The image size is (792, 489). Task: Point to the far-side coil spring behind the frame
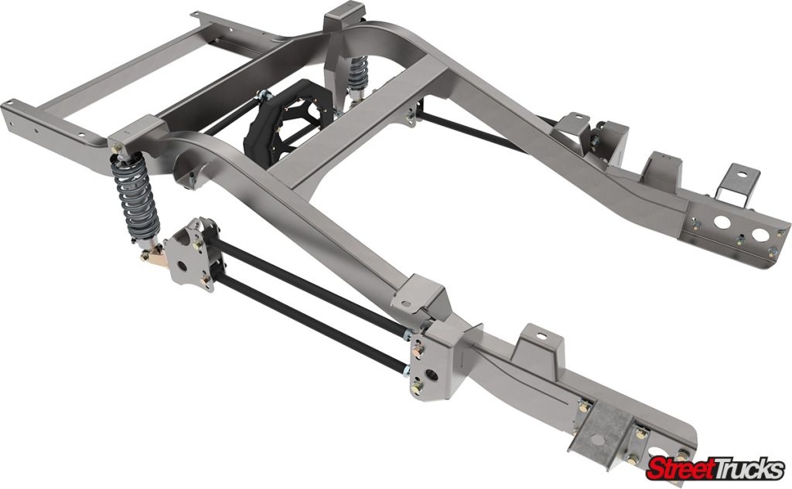tap(357, 73)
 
